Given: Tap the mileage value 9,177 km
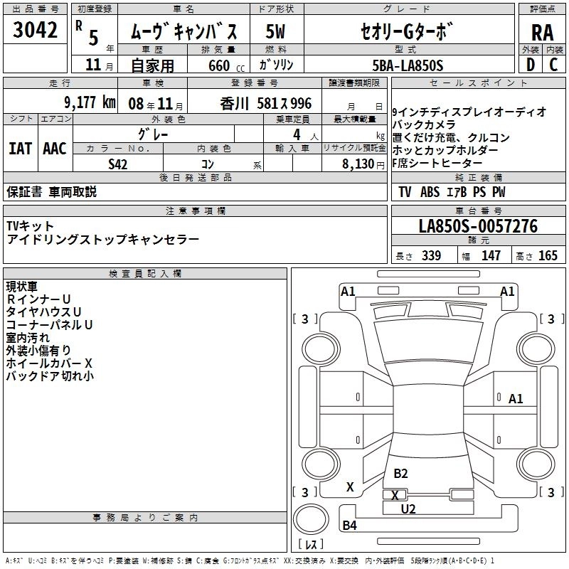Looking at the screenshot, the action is pos(89,102).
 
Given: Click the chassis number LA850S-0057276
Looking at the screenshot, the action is pos(478,227).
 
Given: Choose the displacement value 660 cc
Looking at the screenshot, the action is pos(218,66).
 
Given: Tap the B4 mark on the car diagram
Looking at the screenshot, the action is pos(349,526).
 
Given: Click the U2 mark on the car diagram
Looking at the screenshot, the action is pos(408,509).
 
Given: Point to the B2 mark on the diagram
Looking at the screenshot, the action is pos(400,474).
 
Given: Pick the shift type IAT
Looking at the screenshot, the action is pos(21,149).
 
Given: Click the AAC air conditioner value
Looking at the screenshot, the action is pos(55,149).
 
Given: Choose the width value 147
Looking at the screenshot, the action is pos(491,256).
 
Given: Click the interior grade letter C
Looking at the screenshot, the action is pos(553,65).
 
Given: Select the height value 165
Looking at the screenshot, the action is pos(548,256).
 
